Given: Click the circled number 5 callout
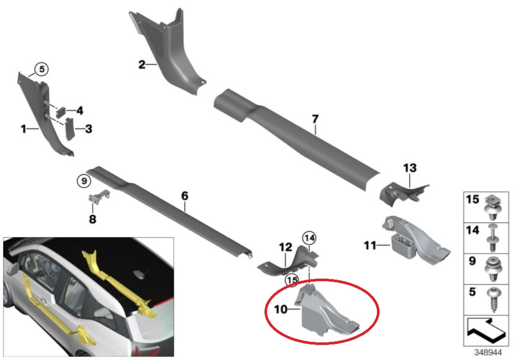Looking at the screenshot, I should (42, 68).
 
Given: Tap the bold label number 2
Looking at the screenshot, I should (142, 65).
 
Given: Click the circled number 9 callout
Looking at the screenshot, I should (84, 181).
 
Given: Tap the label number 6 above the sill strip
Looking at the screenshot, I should (184, 196).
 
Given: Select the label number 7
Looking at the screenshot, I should (315, 119).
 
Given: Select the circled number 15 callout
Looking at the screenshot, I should (292, 279).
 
